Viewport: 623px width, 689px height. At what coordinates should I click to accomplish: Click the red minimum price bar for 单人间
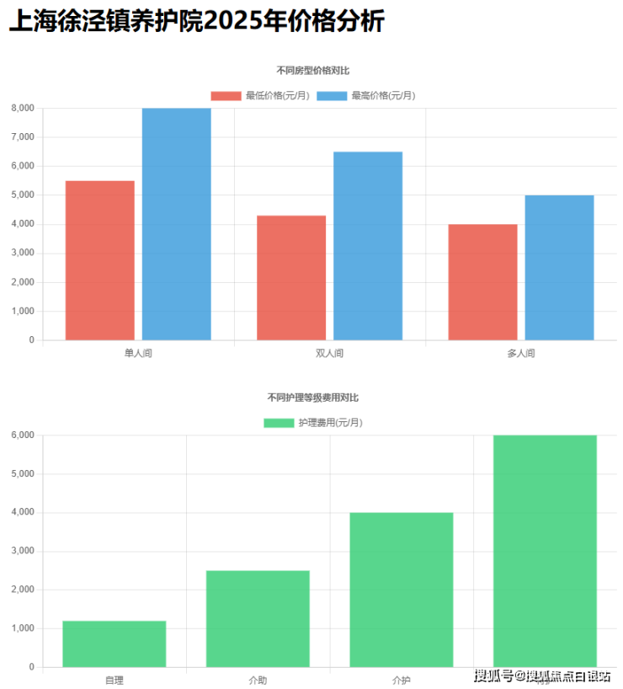[x=99, y=260]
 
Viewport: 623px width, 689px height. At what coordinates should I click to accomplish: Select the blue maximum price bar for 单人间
[x=176, y=224]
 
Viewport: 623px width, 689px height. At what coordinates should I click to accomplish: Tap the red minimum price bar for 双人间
[x=291, y=278]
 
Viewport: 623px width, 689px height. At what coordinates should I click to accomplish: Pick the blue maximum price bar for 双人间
[x=368, y=246]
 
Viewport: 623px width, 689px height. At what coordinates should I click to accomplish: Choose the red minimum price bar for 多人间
[x=482, y=282]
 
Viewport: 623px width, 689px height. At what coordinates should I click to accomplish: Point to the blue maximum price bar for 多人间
[x=559, y=268]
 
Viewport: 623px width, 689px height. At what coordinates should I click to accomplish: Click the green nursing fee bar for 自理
[x=114, y=644]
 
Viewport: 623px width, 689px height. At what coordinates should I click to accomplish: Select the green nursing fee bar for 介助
[x=258, y=619]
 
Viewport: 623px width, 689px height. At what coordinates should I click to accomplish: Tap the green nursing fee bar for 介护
[x=402, y=590]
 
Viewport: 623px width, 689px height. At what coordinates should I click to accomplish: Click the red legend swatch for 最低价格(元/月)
[x=226, y=95]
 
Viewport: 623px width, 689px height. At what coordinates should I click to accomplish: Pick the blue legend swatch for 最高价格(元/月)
[x=332, y=95]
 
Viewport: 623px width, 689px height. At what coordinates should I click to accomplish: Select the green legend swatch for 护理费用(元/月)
[x=279, y=422]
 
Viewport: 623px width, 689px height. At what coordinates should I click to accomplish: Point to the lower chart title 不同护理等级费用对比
[x=312, y=397]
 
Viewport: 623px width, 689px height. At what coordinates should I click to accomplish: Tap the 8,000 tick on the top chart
[x=22, y=108]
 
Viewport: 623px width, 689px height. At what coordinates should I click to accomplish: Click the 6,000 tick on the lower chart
[x=22, y=435]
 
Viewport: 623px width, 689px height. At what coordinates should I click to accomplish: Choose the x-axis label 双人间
[x=329, y=353]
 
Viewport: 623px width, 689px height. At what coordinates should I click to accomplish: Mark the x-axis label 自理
[x=114, y=679]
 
